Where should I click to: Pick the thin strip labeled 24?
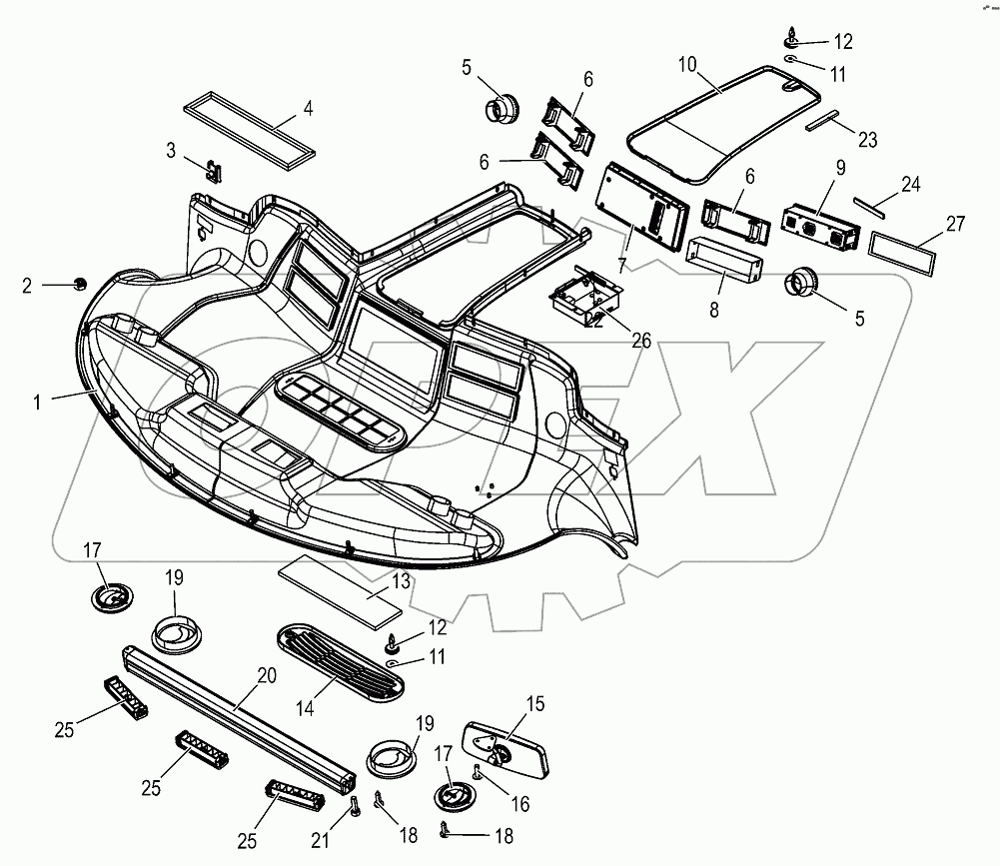tap(868, 205)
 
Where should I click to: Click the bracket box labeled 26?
tap(585, 294)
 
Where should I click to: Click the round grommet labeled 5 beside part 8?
tap(803, 285)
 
